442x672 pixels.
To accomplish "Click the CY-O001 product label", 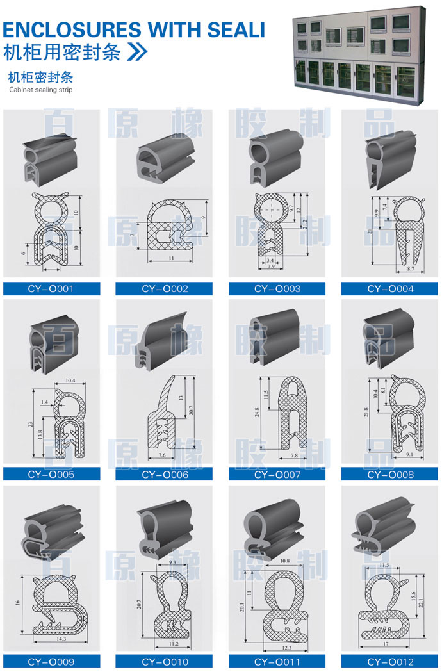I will click(x=51, y=289).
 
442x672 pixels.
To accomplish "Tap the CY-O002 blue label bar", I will click(x=165, y=289).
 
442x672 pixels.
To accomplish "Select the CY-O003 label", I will click(x=277, y=289).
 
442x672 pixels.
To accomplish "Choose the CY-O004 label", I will click(x=390, y=289).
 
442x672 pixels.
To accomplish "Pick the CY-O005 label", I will click(x=51, y=475).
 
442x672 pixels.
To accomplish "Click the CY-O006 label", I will click(x=165, y=475).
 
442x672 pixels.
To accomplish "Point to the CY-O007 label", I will click(x=277, y=475).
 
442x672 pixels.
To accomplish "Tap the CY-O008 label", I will click(x=390, y=475).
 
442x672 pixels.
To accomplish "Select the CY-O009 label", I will click(x=51, y=662).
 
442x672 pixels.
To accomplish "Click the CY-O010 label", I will click(x=165, y=662).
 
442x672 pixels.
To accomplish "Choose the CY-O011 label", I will click(x=277, y=662).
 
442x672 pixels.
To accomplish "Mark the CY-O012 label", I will click(x=390, y=662).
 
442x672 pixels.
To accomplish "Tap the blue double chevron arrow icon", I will click(x=138, y=52).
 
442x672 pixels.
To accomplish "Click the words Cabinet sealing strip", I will click(x=41, y=90).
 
